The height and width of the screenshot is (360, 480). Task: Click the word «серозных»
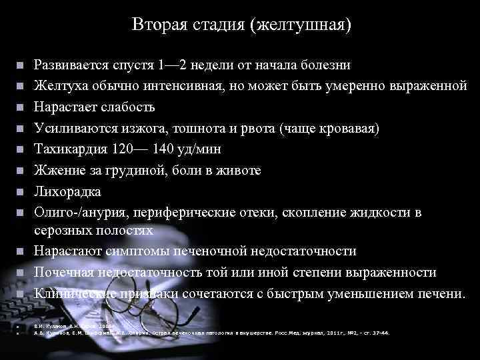63,230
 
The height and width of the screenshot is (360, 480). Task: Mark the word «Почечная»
65,272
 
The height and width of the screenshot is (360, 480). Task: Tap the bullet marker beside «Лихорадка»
21,191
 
